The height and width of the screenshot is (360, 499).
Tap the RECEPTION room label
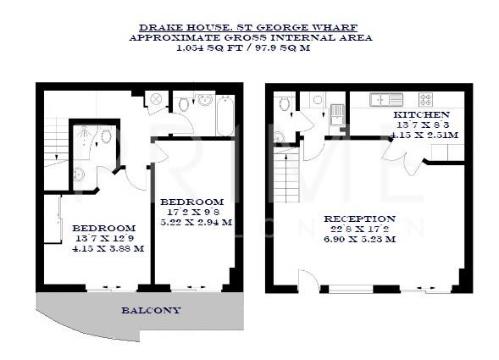pos(359,219)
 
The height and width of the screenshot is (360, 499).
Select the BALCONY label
pos(150,310)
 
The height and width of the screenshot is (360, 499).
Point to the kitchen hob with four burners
pos(424,99)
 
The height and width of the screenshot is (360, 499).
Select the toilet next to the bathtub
pos(184,105)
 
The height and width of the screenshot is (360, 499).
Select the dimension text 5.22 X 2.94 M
pos(197,223)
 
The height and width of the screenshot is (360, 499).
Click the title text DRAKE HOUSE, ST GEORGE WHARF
pos(250,26)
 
